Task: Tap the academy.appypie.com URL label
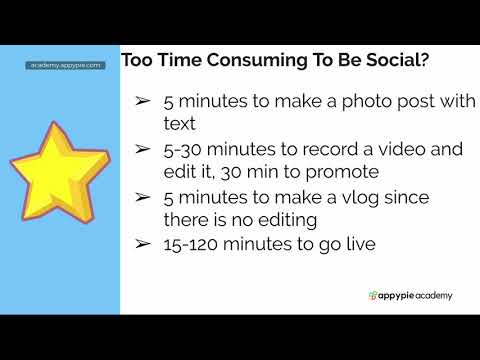click(65, 65)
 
